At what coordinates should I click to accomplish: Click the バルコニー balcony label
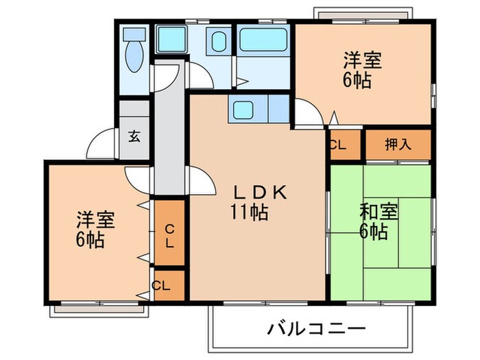click(316, 328)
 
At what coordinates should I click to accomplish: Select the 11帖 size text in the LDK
click(248, 213)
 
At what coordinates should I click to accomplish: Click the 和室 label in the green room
click(378, 211)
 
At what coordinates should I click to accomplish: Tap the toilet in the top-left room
click(134, 51)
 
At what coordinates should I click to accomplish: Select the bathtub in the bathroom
click(264, 41)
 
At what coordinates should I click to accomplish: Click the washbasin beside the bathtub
click(219, 43)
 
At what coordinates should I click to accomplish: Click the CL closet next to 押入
click(337, 145)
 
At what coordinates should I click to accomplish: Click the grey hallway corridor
click(169, 137)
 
